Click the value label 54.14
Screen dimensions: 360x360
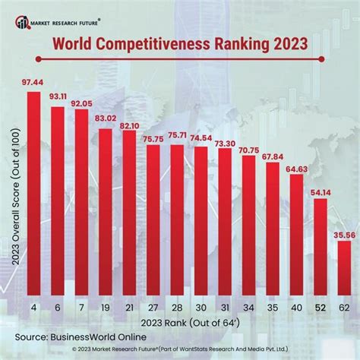click(319, 191)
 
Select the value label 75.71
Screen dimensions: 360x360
click(176, 136)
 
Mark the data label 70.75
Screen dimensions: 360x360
click(248, 150)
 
